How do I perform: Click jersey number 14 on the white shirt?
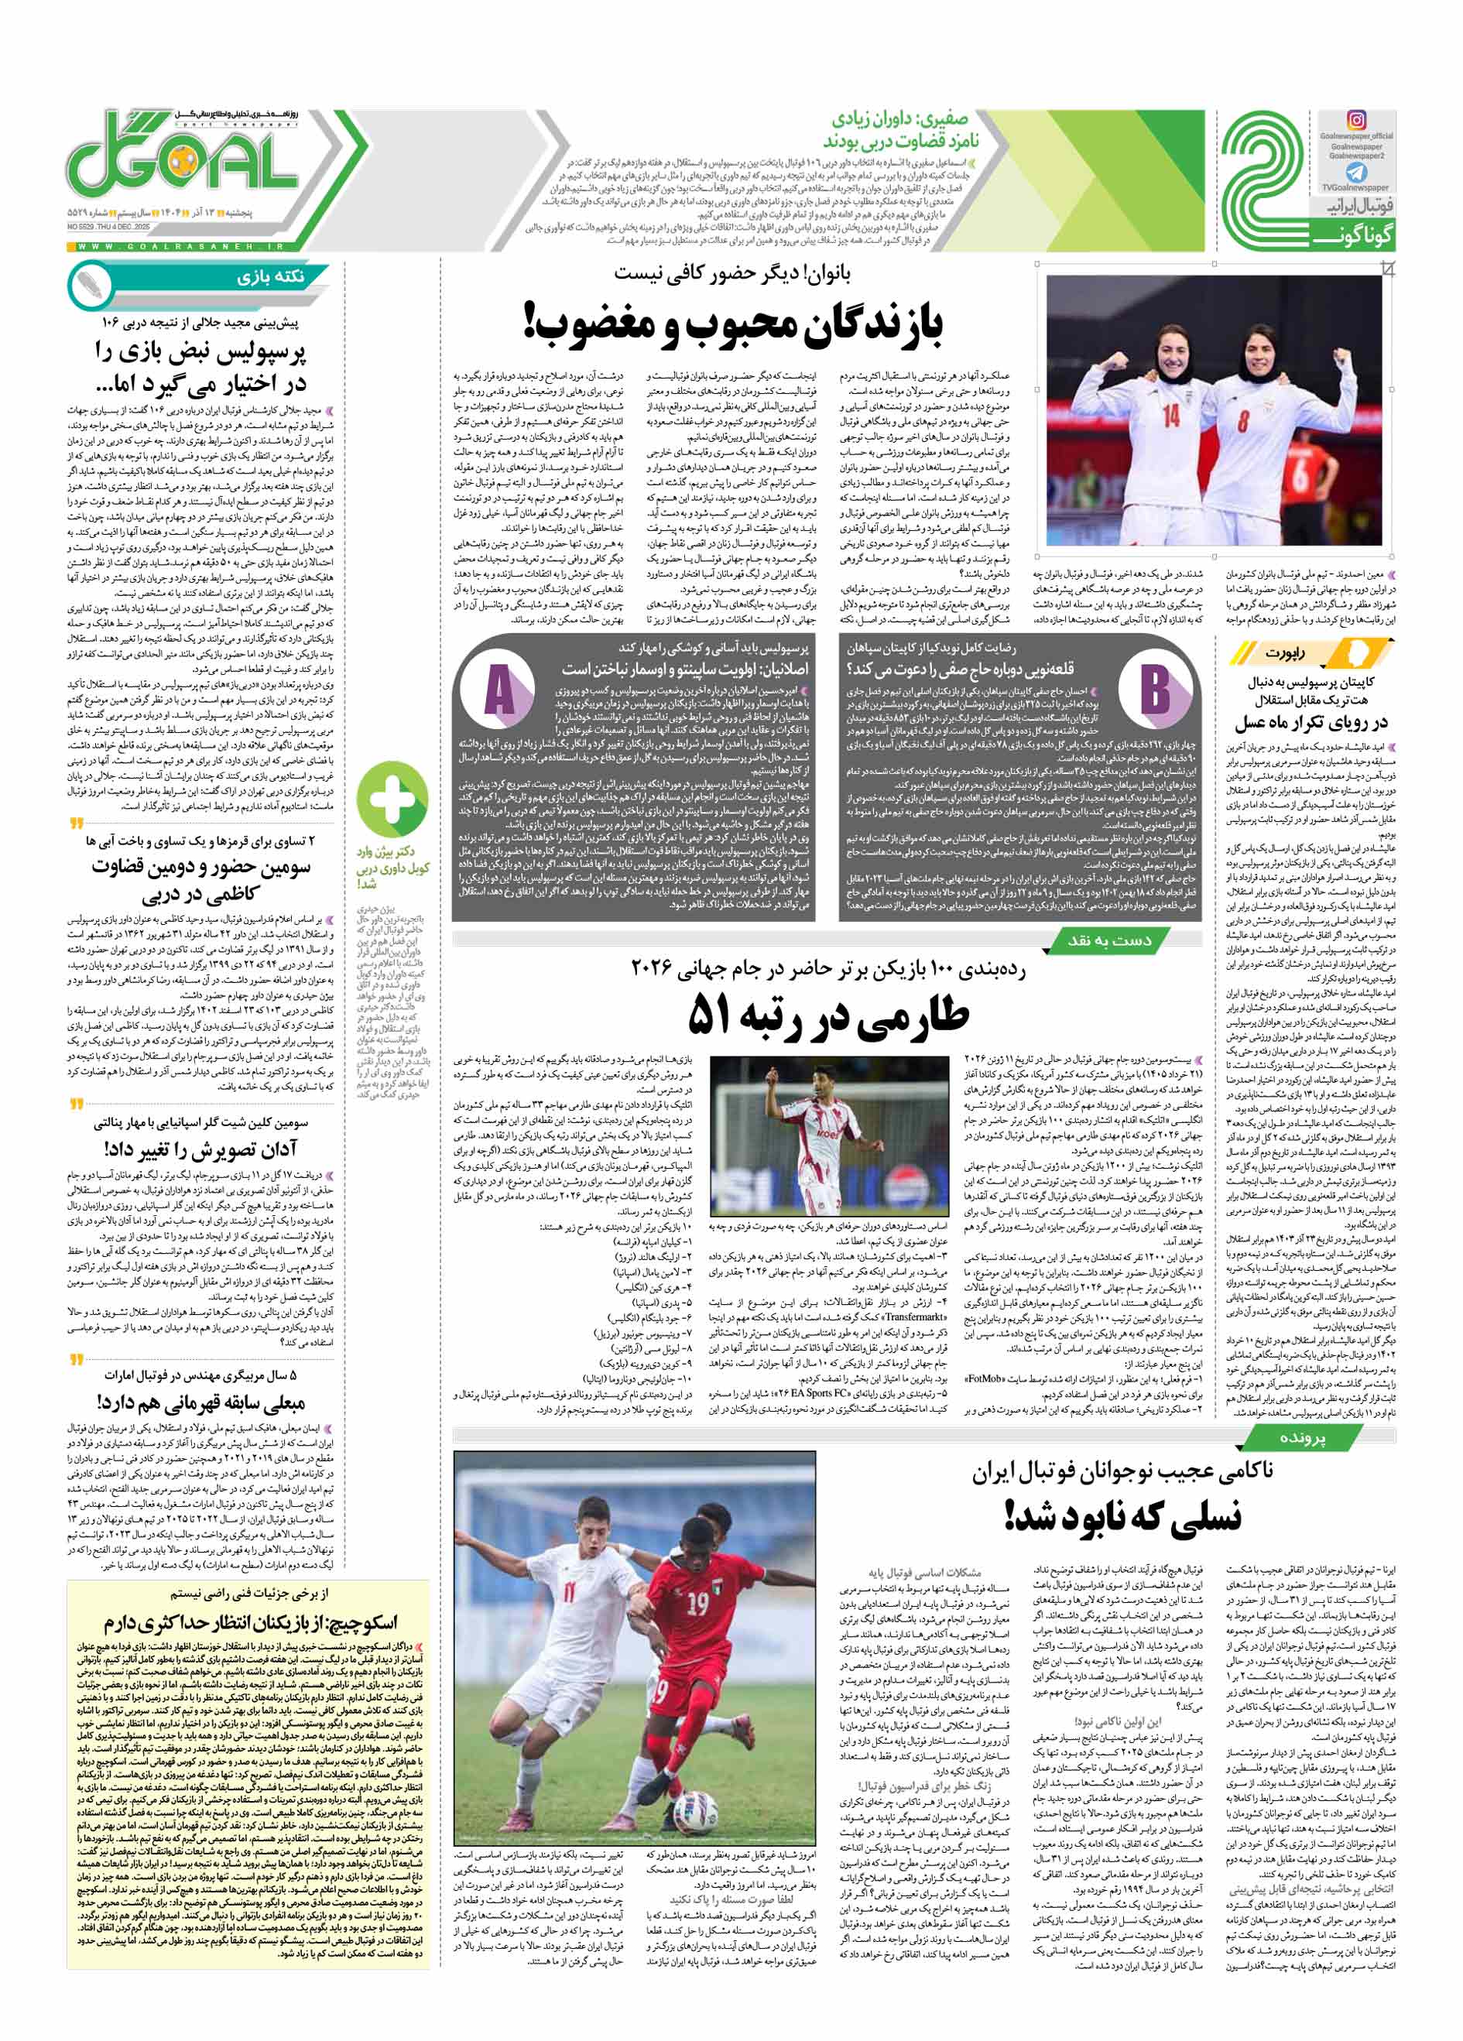[x=1170, y=416]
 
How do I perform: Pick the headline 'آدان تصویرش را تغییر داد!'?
[x=200, y=1149]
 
